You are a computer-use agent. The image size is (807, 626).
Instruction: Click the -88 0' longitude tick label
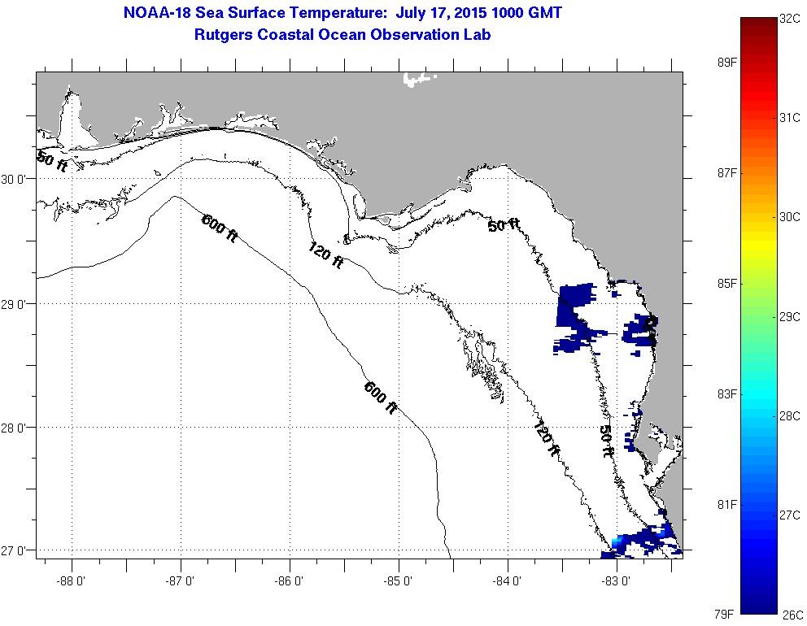(72, 580)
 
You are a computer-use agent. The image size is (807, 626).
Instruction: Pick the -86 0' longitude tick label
(290, 580)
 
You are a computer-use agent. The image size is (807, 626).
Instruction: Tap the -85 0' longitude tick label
(399, 580)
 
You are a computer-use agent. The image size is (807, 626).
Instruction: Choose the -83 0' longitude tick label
(617, 580)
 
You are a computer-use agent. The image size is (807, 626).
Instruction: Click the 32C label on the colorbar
(790, 18)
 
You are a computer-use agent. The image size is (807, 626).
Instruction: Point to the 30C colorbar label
(790, 217)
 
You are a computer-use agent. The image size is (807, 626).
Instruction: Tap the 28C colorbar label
(790, 416)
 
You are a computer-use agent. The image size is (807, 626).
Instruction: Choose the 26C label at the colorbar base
(792, 615)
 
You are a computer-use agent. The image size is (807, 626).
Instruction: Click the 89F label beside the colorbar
(723, 63)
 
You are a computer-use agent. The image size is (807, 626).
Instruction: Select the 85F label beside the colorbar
(723, 284)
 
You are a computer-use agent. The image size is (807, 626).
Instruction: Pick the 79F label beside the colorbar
(723, 615)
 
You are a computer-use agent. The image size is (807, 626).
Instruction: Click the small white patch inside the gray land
(418, 79)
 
